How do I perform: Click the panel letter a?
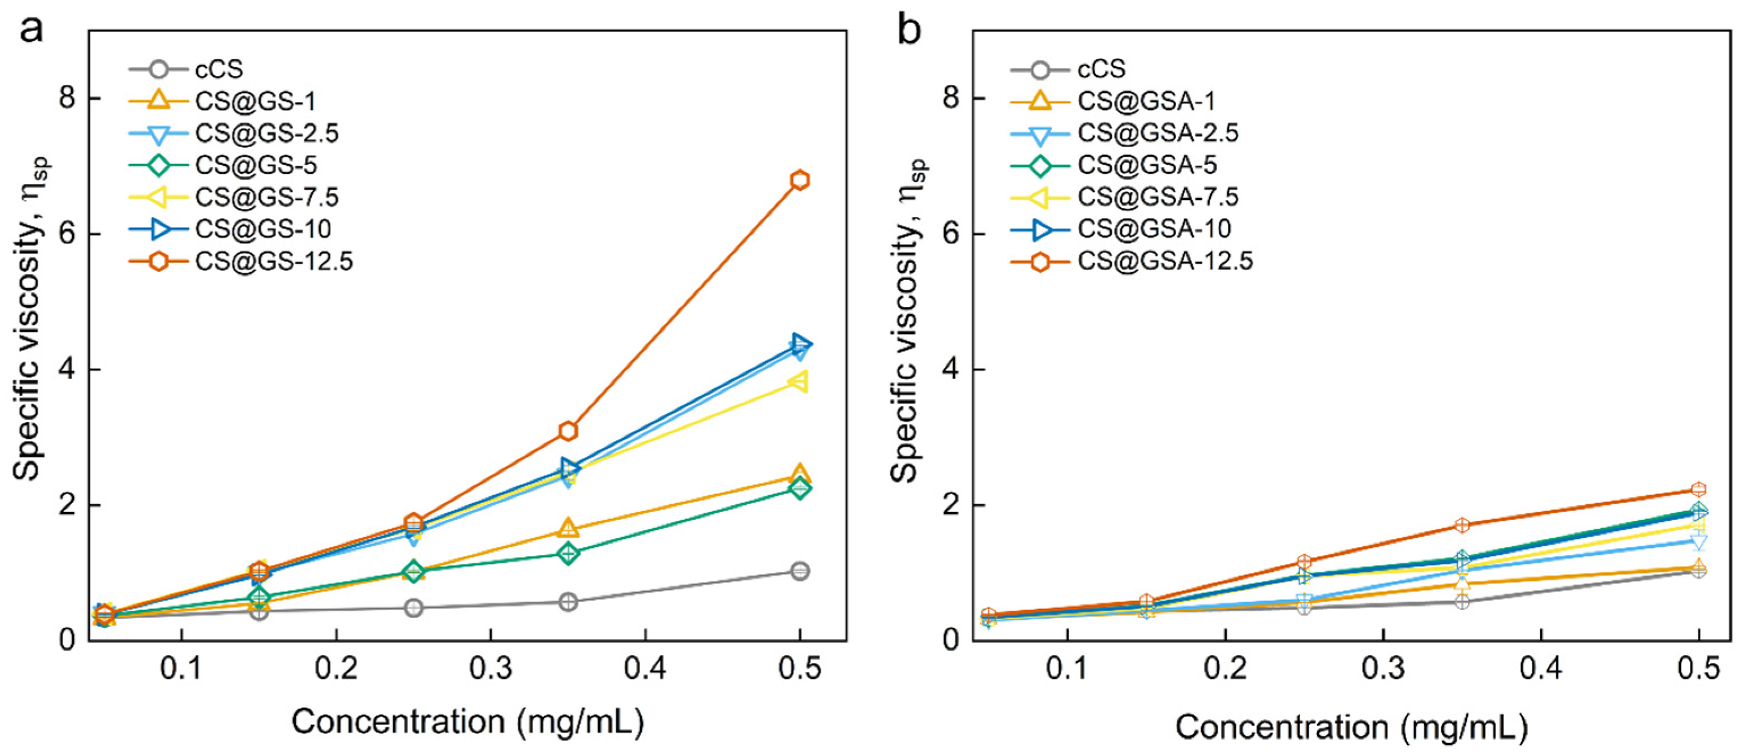click(30, 30)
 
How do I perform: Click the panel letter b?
click(909, 30)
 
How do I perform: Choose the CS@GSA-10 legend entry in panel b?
click(1154, 229)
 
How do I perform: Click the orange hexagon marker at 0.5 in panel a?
click(799, 180)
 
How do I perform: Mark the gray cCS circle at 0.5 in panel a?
click(799, 571)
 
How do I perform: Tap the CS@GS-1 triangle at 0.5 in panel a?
click(799, 474)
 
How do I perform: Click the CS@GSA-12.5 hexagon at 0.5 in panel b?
click(1698, 490)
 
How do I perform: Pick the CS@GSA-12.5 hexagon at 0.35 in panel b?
click(1462, 525)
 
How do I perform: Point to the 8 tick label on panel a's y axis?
click(68, 98)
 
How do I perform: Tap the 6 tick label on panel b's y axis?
click(953, 234)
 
